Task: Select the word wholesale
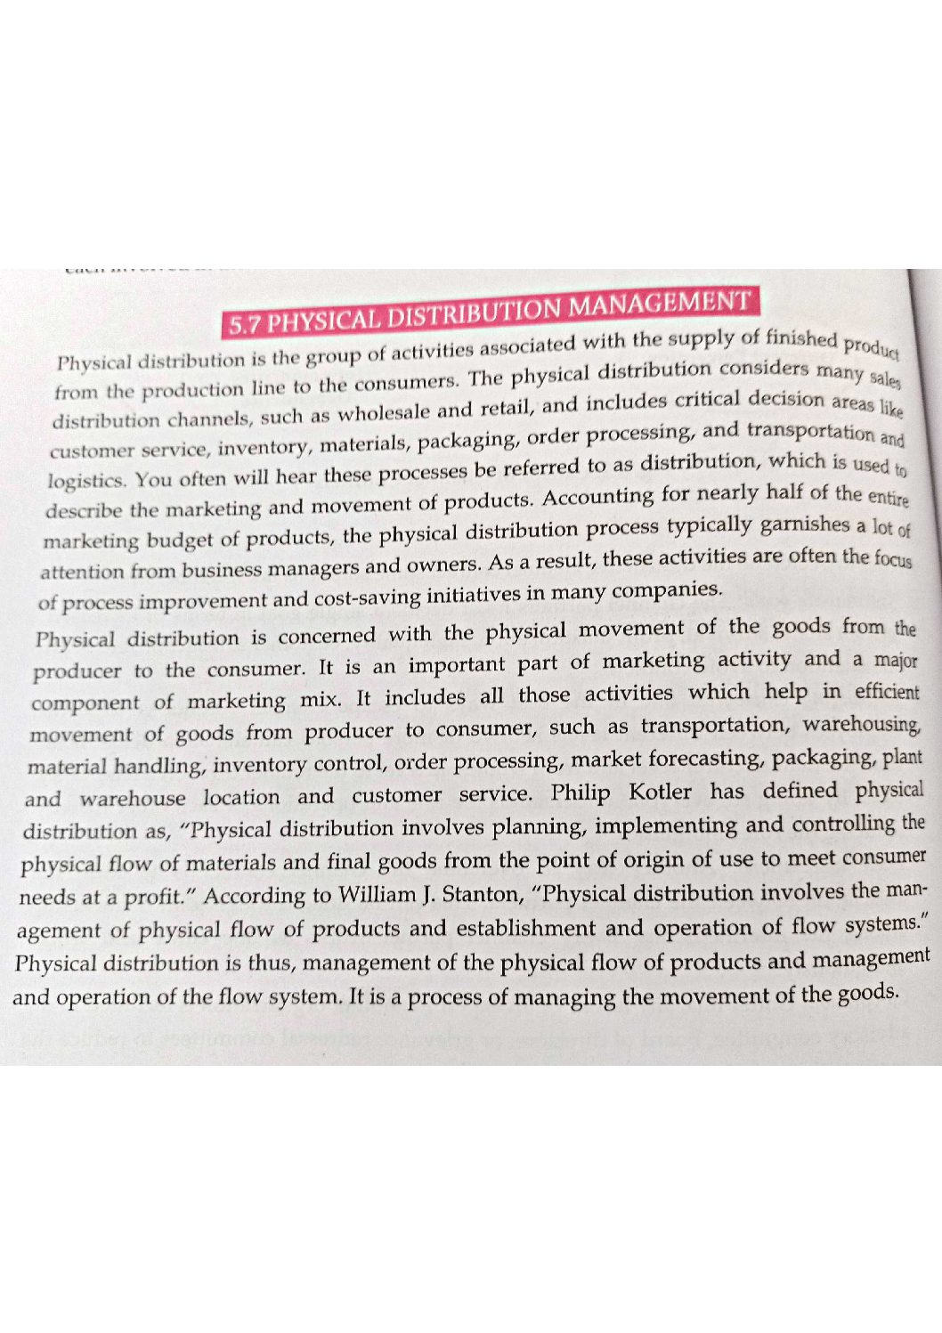pos(384,413)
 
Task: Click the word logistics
pos(86,481)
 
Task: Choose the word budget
pos(192,540)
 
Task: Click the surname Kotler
pos(660,792)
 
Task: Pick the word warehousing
pos(861,724)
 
